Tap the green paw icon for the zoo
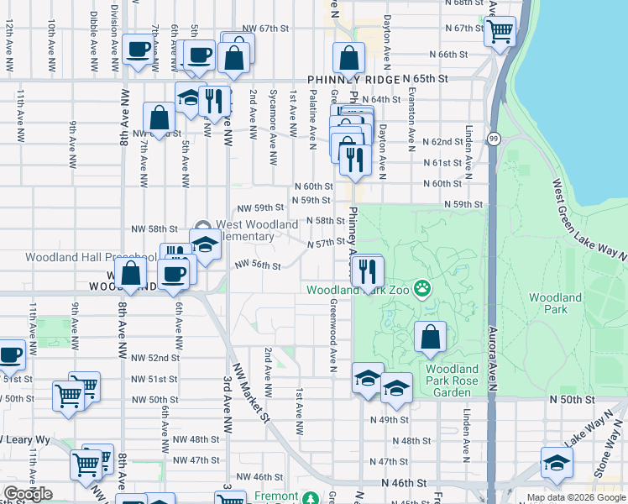pyautogui.click(x=421, y=290)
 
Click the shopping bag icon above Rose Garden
pyautogui.click(x=431, y=337)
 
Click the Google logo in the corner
pyautogui.click(x=27, y=493)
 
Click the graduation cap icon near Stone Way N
pyautogui.click(x=556, y=462)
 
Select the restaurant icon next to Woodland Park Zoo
pyautogui.click(x=366, y=270)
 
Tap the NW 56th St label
pyautogui.click(x=257, y=265)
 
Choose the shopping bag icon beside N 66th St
pyautogui.click(x=348, y=59)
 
